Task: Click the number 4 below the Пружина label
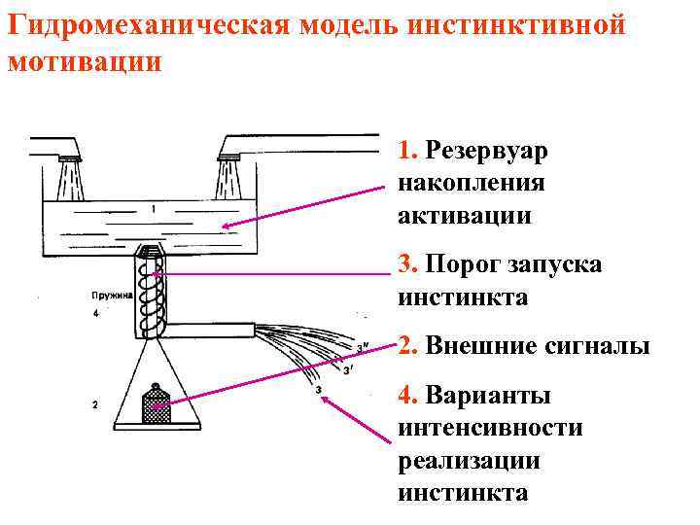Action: [95, 314]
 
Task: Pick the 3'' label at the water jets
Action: [363, 346]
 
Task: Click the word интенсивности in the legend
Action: [490, 428]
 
